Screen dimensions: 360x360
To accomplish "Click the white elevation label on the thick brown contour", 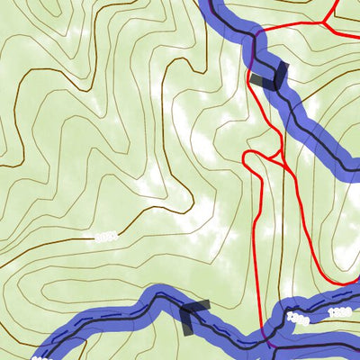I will (106, 237).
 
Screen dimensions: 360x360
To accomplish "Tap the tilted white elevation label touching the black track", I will (298, 319).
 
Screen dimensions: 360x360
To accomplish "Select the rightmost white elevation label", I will (340, 312).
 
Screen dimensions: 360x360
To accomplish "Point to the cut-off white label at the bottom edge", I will (40, 357).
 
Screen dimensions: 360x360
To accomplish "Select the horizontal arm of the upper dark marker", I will (263, 81).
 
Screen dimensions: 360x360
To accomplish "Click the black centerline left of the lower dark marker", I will (135, 306).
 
